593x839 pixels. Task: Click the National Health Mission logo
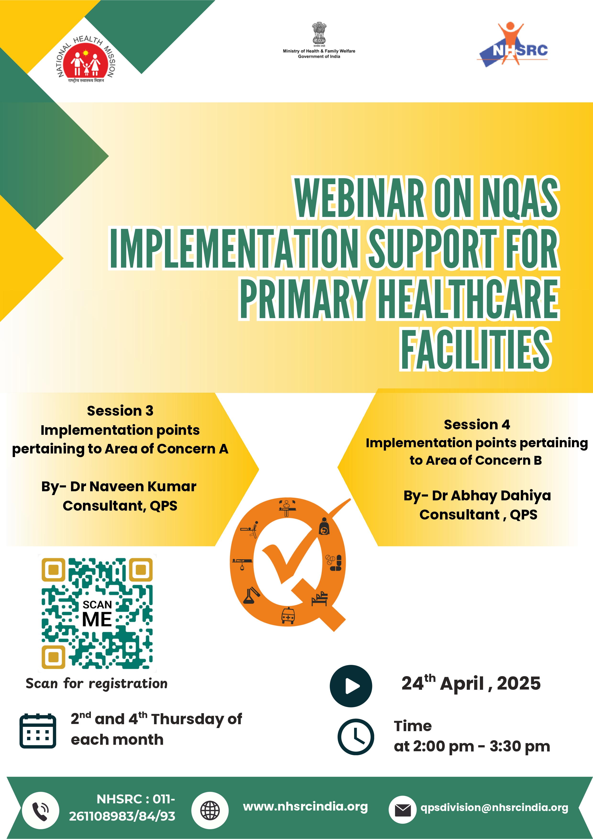pyautogui.click(x=86, y=60)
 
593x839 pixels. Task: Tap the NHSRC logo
pyautogui.click(x=513, y=46)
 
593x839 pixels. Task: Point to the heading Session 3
pyautogui.click(x=120, y=411)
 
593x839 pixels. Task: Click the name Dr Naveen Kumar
pyautogui.click(x=133, y=486)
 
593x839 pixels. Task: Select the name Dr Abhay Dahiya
pyautogui.click(x=491, y=496)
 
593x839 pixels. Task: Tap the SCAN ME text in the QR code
pyautogui.click(x=97, y=614)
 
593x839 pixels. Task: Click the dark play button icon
pyautogui.click(x=351, y=686)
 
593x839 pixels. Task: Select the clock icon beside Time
pyautogui.click(x=356, y=737)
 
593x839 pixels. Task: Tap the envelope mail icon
pyautogui.click(x=403, y=810)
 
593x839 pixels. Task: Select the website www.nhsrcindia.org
pyautogui.click(x=305, y=806)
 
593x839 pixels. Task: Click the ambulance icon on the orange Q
pyautogui.click(x=288, y=616)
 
